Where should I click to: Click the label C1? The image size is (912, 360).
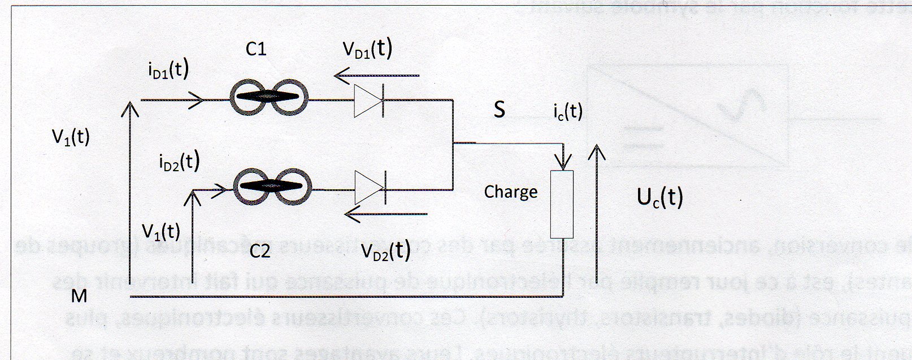point(256,50)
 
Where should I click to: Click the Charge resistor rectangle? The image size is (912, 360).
point(562,204)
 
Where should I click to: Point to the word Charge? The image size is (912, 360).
point(511,192)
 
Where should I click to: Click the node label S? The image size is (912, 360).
point(499,110)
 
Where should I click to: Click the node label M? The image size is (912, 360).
point(79,296)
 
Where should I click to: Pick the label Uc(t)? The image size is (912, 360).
point(659,198)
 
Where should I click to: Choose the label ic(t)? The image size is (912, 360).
point(568,111)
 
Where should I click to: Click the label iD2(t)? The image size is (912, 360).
point(179,162)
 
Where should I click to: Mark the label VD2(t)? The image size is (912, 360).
point(385,250)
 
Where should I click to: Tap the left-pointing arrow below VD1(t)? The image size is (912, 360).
point(377,75)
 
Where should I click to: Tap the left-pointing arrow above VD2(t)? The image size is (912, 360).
point(387,214)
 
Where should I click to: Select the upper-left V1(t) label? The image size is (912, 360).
point(71,137)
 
